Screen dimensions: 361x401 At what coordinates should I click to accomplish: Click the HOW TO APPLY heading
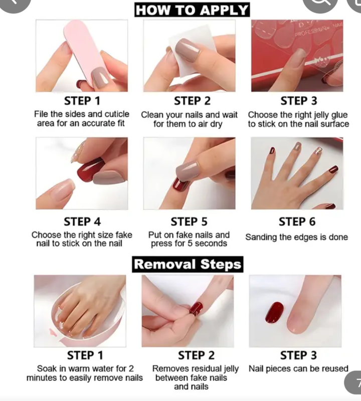[192, 10]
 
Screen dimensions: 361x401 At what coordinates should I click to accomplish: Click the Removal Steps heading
[188, 264]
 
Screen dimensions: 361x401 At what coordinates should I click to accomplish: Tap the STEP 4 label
[82, 222]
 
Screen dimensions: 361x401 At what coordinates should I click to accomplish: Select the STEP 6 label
[297, 222]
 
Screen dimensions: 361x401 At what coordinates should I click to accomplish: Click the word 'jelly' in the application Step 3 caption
[321, 115]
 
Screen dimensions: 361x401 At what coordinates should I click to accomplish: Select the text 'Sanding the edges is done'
[296, 237]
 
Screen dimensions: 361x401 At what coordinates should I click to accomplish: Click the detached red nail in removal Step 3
[274, 312]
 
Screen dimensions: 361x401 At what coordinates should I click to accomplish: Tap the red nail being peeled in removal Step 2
[196, 309]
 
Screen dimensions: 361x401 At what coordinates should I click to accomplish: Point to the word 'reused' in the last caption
[335, 369]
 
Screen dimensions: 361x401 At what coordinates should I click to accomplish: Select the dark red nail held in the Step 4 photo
[90, 169]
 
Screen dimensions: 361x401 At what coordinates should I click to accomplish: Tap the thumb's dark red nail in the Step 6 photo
[333, 169]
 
